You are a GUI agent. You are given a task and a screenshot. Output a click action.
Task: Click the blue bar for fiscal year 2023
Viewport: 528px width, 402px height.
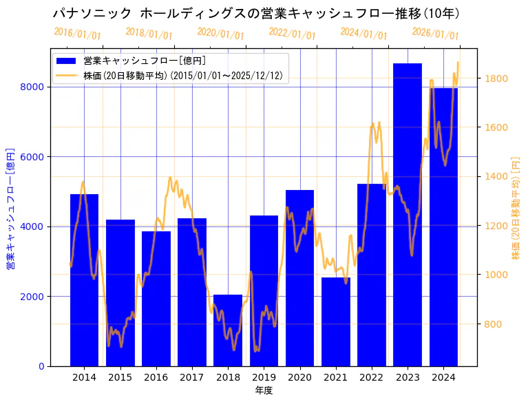[x=408, y=214]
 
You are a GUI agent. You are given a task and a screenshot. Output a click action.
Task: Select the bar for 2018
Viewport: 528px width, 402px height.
[x=228, y=330]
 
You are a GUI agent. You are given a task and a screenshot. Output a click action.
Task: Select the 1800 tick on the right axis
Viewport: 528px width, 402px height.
[x=496, y=78]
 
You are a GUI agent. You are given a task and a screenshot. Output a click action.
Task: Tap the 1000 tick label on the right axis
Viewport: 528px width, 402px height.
[x=496, y=275]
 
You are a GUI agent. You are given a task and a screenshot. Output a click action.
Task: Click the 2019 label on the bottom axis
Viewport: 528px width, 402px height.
[x=264, y=377]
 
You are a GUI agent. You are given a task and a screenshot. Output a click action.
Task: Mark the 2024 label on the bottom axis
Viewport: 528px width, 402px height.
[x=443, y=377]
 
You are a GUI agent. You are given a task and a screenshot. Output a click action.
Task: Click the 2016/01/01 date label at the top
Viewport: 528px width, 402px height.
[x=77, y=34]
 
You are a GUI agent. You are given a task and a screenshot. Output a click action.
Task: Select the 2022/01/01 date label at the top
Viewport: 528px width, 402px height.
[x=292, y=34]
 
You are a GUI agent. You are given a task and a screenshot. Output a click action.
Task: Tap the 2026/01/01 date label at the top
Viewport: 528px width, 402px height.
[x=435, y=34]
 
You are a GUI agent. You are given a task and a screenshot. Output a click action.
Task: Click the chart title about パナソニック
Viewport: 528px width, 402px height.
[x=256, y=13]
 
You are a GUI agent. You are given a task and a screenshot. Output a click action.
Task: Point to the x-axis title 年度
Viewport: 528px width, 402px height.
[x=264, y=390]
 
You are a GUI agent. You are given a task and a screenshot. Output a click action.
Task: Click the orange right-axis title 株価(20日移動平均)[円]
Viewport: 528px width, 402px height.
[x=516, y=207]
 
